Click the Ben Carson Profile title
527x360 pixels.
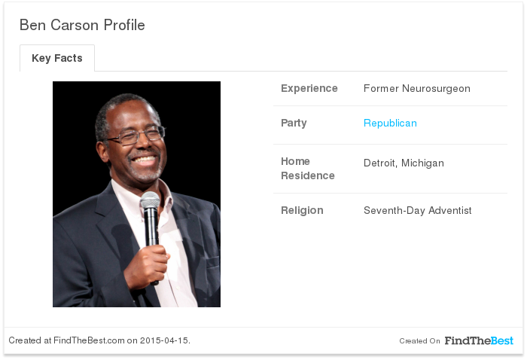(82, 25)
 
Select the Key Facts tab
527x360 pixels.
(57, 58)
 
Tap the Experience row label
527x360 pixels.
(309, 88)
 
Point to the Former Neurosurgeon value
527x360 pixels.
(417, 88)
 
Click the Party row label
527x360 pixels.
(294, 123)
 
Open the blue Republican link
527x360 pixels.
(390, 123)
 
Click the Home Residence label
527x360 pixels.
(307, 169)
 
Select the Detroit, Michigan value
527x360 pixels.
(404, 163)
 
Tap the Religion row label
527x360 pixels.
(302, 210)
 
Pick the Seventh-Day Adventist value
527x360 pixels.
(417, 210)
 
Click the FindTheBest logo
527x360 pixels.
(479, 340)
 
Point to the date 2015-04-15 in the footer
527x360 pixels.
(164, 340)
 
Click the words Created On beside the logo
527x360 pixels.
(419, 341)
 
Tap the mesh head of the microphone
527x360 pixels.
(151, 200)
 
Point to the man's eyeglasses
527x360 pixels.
(136, 135)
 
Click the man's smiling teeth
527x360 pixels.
(145, 160)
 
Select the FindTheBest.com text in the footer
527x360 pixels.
(89, 340)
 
